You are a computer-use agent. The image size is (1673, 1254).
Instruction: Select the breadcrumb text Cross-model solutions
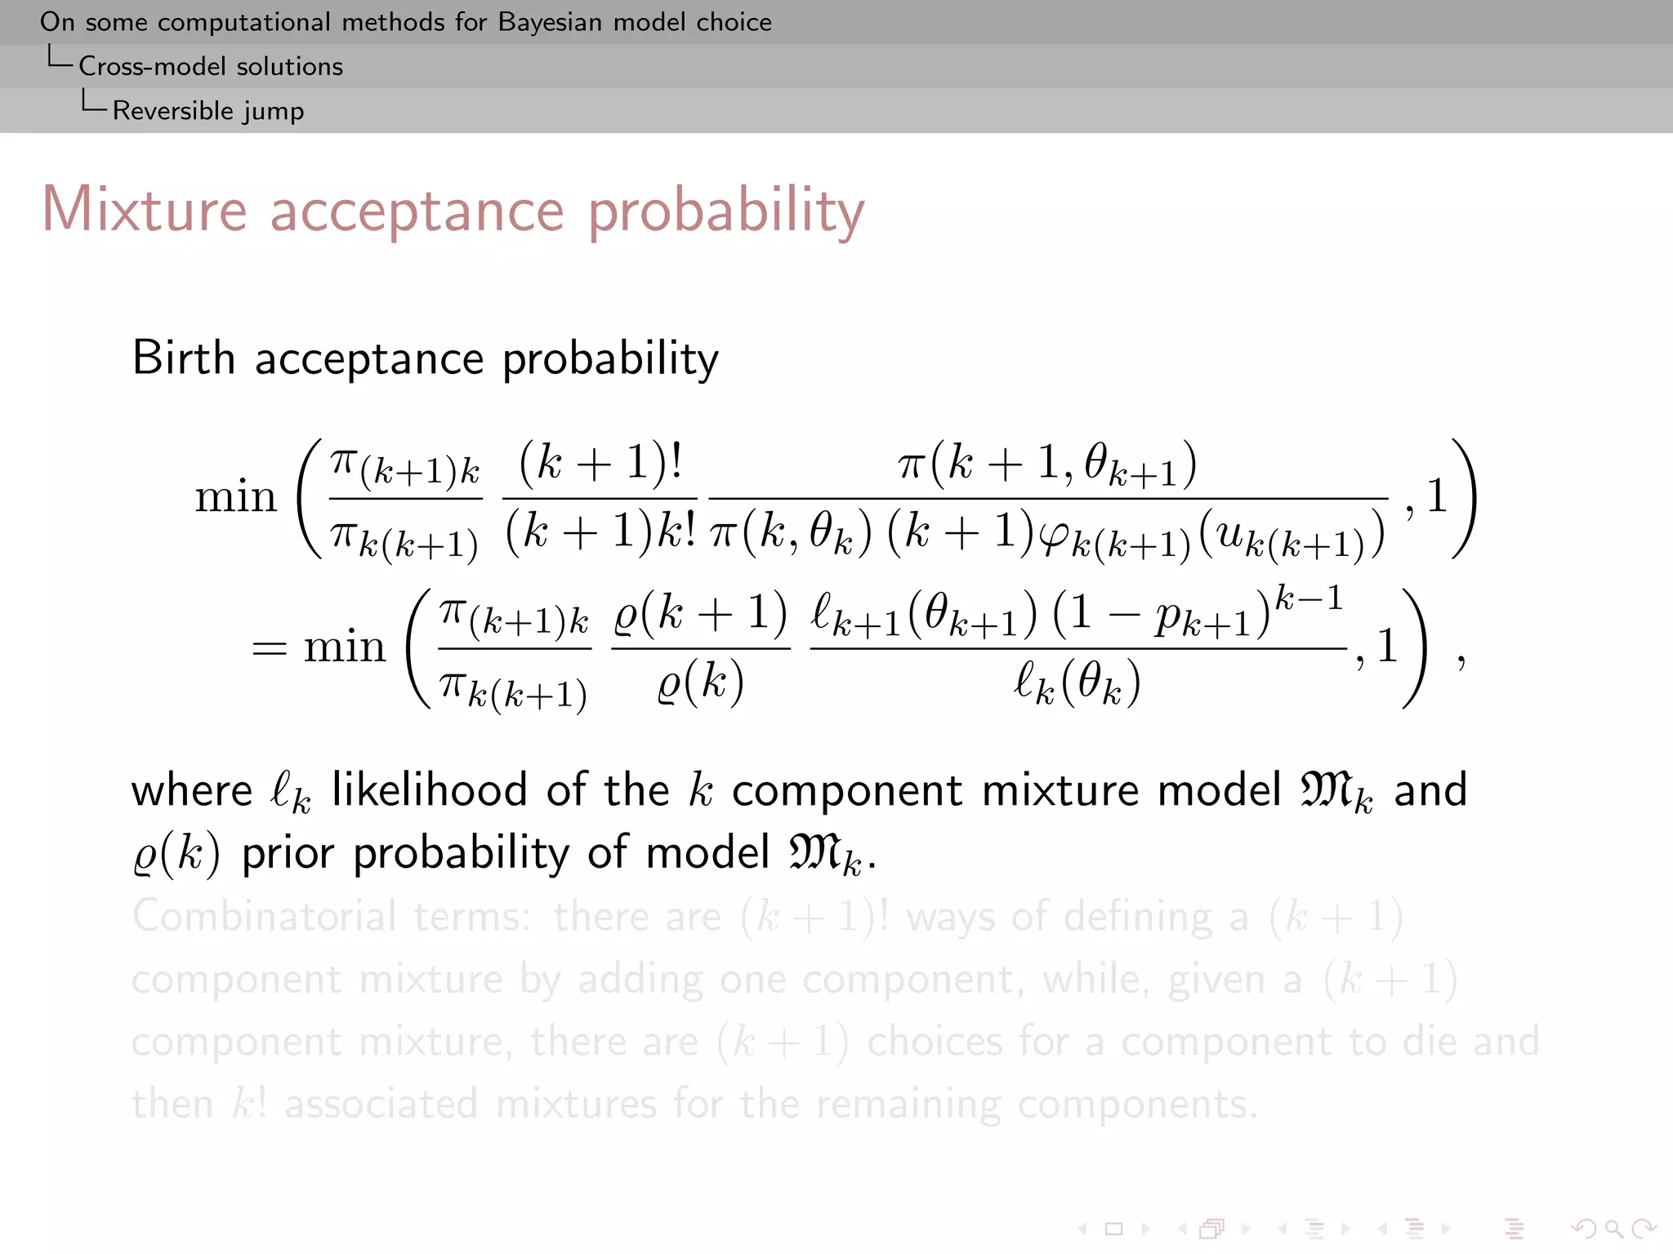tap(210, 66)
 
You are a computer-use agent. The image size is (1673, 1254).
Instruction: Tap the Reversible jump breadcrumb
tap(207, 110)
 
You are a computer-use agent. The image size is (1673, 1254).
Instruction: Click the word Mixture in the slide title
tap(144, 210)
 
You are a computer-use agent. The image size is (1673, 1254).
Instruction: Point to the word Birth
tap(184, 358)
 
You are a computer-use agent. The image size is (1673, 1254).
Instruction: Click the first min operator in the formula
tap(235, 496)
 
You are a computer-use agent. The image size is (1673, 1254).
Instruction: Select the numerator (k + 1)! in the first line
tap(600, 462)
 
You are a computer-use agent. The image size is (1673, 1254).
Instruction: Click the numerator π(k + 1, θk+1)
tap(1047, 464)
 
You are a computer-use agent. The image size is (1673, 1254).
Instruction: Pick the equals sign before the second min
tap(270, 648)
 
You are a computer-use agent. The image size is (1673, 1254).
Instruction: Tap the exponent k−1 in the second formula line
tap(1309, 598)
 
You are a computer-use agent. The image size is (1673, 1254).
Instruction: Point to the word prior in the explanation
tap(288, 853)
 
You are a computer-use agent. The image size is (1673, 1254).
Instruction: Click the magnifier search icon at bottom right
tap(1613, 1228)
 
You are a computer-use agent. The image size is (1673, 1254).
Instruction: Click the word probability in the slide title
tap(725, 211)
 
